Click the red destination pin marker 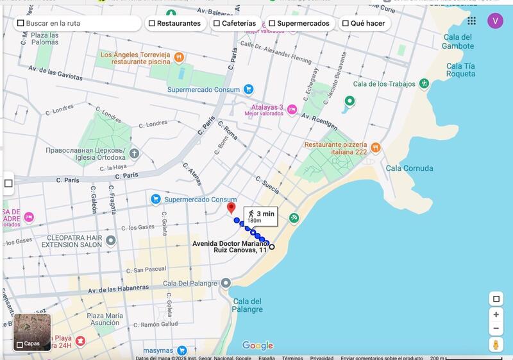coord(231,208)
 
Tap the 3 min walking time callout coord(260,216)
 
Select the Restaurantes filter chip coord(174,23)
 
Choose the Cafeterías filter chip coord(235,23)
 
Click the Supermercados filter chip coord(299,23)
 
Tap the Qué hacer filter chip coord(364,23)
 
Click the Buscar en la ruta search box coord(78,23)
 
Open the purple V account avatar coord(495,21)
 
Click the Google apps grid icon coord(472,21)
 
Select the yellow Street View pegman coord(496,345)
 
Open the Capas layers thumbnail coord(32,332)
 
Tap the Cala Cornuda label coord(409,169)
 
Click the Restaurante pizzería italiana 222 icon coord(376,148)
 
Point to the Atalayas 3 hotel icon coord(292,109)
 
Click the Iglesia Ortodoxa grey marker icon coord(134,153)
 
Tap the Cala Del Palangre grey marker coord(226,283)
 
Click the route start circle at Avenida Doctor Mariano coord(272,247)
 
